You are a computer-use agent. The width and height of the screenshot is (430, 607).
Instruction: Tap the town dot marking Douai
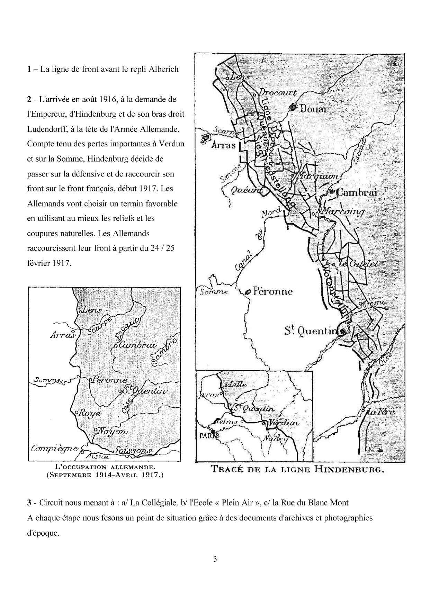(294, 108)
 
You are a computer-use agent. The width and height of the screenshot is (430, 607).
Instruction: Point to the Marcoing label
(343, 211)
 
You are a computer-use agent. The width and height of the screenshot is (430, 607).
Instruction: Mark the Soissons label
(133, 451)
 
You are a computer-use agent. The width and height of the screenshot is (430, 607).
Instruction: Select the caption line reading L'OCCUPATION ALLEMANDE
(105, 468)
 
